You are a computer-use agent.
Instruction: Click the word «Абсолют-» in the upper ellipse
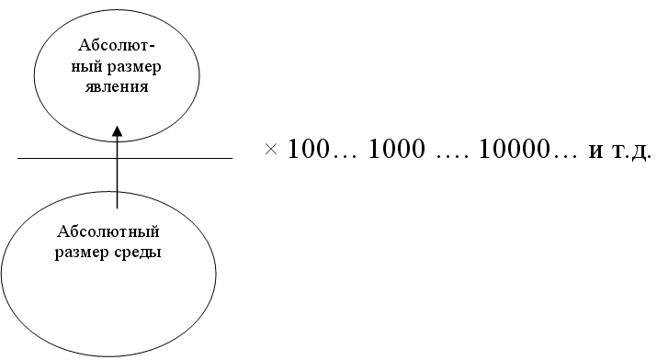117,45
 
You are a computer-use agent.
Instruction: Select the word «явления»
117,86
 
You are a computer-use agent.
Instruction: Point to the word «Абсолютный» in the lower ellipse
108,231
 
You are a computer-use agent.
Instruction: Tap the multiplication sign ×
271,149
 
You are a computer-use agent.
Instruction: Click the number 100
309,149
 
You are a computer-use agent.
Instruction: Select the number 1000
396,149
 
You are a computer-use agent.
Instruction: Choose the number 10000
514,149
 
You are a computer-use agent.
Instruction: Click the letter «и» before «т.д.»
595,152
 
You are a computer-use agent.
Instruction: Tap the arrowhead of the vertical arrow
118,130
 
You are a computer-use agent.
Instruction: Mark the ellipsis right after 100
344,156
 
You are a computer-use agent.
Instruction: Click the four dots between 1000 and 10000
452,156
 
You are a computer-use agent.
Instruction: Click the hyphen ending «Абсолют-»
152,46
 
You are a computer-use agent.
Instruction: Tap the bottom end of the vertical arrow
117,208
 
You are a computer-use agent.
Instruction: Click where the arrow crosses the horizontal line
117,158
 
